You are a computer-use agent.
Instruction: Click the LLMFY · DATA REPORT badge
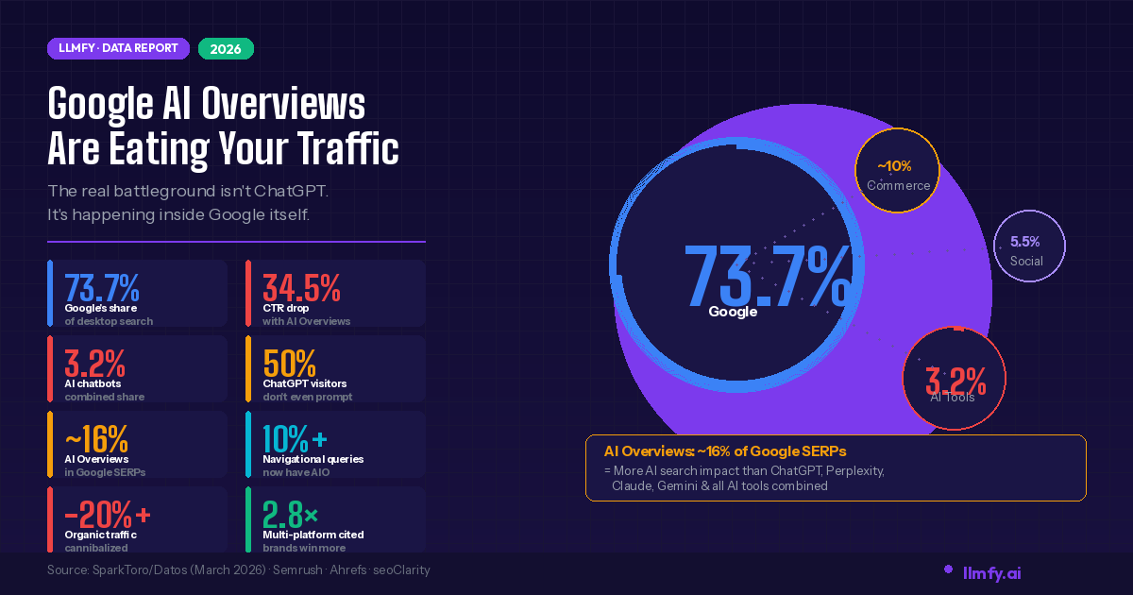(118, 48)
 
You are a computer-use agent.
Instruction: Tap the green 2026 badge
(226, 48)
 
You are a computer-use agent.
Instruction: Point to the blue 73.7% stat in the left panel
(102, 286)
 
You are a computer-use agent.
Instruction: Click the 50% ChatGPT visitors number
(289, 362)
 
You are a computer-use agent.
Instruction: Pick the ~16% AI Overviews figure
(96, 438)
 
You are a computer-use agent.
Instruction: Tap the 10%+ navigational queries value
(295, 438)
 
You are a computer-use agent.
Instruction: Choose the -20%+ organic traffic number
(107, 515)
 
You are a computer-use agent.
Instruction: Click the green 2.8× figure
(291, 515)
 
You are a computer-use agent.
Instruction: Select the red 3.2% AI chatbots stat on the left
(94, 362)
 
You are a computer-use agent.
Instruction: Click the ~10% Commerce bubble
(897, 173)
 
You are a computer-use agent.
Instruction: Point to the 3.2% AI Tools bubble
(955, 382)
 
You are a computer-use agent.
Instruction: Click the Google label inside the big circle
(733, 312)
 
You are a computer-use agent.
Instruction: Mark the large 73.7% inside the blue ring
(767, 275)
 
